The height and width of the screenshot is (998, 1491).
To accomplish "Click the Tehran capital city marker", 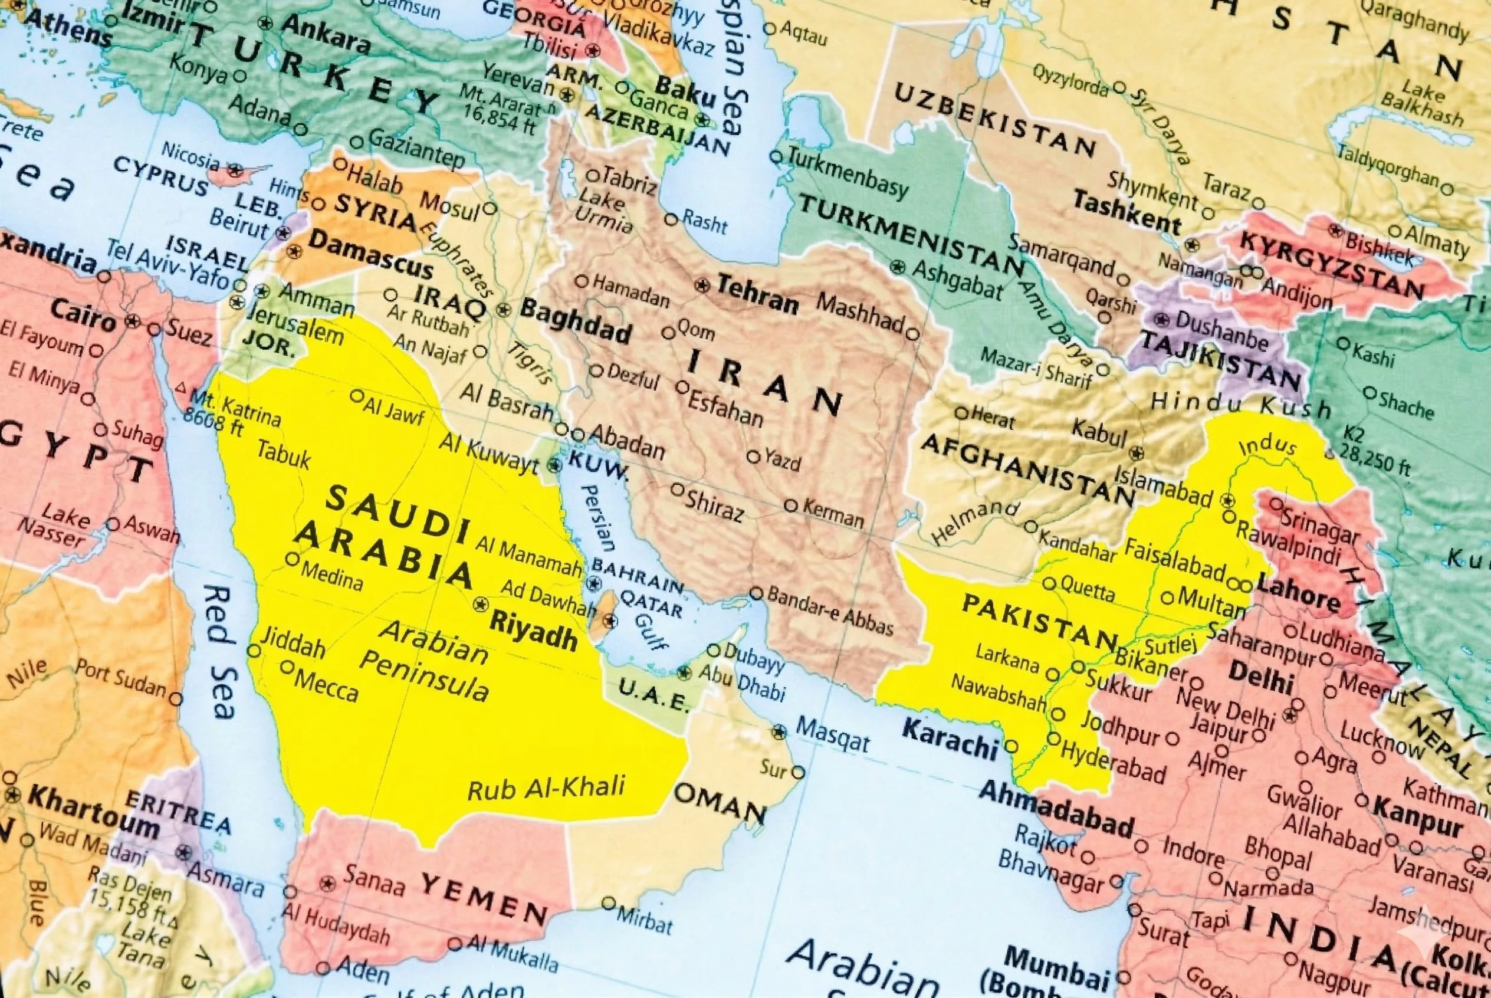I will [702, 285].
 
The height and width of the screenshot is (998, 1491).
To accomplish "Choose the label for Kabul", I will [1099, 433].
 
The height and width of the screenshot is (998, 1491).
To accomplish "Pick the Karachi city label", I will [950, 738].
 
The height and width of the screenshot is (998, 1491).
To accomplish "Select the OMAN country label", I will [719, 803].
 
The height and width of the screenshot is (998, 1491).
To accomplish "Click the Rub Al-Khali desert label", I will [546, 789].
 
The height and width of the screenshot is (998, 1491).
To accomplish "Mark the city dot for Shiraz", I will [677, 490].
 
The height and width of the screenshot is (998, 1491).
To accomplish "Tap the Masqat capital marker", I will [779, 733].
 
